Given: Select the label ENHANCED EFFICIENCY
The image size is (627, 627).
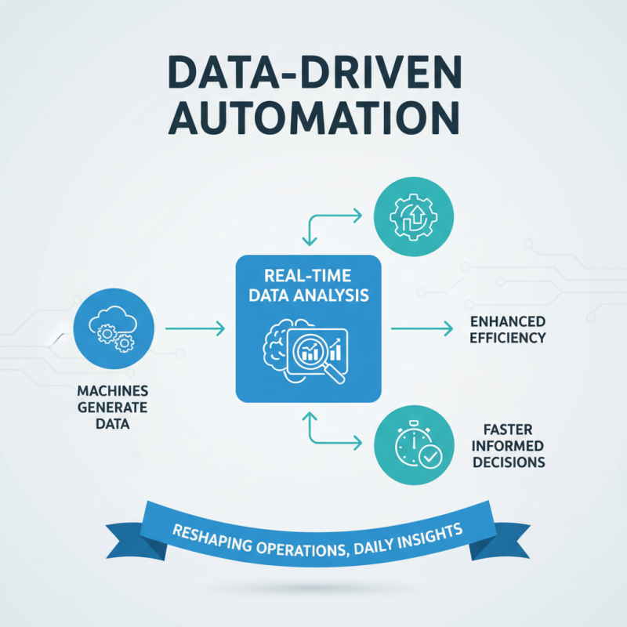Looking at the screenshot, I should [x=507, y=330].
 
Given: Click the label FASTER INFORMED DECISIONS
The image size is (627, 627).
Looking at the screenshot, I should [x=508, y=445].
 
